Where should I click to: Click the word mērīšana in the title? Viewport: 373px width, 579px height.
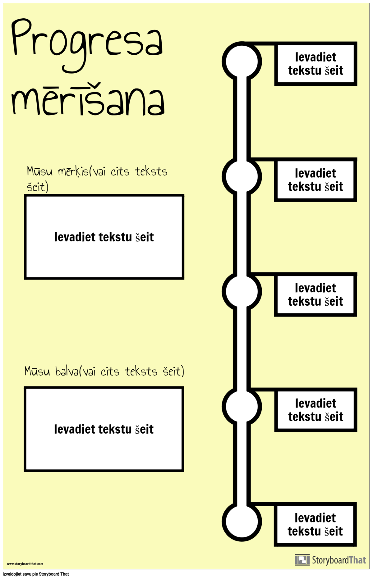coord(88,99)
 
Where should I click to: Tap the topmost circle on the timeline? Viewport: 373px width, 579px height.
coord(242,62)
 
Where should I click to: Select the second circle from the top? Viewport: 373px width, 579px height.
coord(242,176)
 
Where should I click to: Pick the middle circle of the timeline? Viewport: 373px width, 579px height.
coord(242,291)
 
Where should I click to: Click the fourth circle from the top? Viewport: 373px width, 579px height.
coord(242,406)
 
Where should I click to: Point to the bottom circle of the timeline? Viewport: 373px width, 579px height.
coord(242,522)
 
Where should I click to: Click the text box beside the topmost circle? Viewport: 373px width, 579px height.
coord(315,64)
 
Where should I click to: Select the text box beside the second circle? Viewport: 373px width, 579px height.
coord(315,180)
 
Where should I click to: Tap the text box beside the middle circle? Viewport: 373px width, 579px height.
coord(315,295)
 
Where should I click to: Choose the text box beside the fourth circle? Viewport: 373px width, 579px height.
coord(316,410)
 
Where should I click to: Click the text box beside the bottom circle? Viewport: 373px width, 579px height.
coord(315,525)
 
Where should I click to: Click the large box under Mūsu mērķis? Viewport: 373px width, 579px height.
coord(104,237)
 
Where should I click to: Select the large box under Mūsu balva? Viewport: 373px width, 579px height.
coord(104,429)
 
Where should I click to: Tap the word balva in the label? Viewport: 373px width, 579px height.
coord(67,371)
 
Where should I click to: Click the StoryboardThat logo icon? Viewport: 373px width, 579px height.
coord(302,560)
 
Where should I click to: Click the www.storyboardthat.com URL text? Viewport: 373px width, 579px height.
coord(25,564)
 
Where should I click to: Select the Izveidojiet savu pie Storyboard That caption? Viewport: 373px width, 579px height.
coord(36,574)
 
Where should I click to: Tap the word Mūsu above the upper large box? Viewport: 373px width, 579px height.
coord(39,171)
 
